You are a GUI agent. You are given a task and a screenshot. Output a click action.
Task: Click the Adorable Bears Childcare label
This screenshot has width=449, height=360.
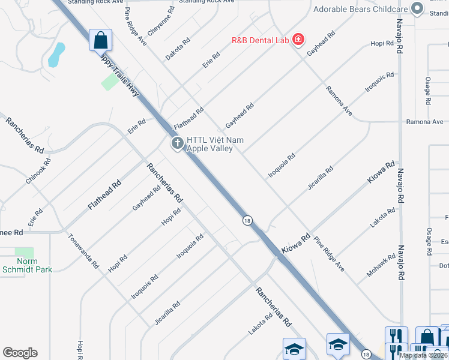(x=360, y=9)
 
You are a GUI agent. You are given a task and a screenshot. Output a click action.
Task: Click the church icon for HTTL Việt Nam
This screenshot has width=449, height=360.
(x=177, y=143)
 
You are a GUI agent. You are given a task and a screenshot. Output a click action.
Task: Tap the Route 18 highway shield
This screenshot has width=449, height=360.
(x=247, y=221)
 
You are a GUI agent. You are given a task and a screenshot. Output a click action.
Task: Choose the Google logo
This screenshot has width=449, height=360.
(x=20, y=352)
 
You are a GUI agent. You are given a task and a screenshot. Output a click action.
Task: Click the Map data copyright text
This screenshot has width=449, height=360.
(x=423, y=355)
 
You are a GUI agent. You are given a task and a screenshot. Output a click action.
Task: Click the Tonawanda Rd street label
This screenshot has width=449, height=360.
(x=83, y=251)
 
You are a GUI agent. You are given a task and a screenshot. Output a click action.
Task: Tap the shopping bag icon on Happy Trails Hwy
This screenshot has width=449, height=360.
(x=101, y=41)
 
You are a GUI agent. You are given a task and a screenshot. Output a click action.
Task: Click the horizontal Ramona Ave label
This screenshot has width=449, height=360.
(x=425, y=122)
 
